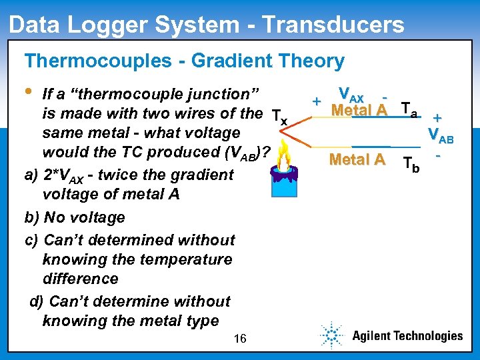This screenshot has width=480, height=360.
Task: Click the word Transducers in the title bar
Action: point(333,25)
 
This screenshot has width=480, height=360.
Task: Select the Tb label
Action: point(412,164)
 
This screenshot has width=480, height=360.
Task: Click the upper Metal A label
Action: point(359,110)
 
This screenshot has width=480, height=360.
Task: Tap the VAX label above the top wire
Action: point(351,95)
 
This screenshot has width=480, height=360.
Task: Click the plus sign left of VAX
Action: point(317,101)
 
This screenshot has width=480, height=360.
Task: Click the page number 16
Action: point(240,339)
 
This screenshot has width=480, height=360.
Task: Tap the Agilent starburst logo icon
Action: point(331,335)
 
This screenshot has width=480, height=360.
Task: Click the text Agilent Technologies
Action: point(407,336)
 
